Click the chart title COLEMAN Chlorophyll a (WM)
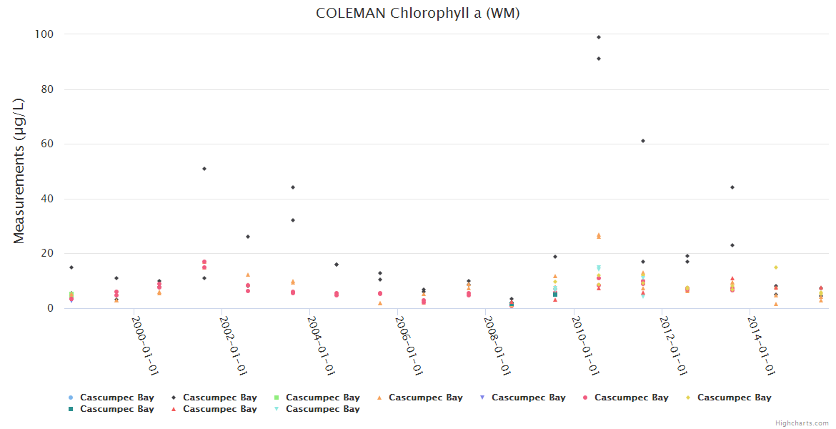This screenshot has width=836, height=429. pyautogui.click(x=417, y=14)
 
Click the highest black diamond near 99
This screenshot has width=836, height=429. pyautogui.click(x=599, y=37)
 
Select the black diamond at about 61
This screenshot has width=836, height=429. pyautogui.click(x=643, y=141)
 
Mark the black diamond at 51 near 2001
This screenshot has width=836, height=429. pyautogui.click(x=204, y=169)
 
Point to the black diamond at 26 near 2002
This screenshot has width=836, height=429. pyautogui.click(x=248, y=237)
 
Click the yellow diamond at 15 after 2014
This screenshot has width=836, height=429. pyautogui.click(x=776, y=267)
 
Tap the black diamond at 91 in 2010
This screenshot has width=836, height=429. pyautogui.click(x=599, y=59)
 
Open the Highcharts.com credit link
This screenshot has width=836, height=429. pyautogui.click(x=802, y=423)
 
